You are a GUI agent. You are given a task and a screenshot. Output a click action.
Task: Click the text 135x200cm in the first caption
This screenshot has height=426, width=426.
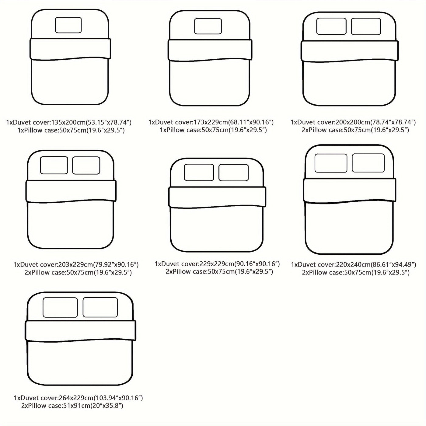click(x=68, y=122)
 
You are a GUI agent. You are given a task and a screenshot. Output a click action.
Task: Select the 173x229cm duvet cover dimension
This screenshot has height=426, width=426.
click(x=211, y=122)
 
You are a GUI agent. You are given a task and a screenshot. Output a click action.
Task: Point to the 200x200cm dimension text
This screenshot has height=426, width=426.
click(x=353, y=122)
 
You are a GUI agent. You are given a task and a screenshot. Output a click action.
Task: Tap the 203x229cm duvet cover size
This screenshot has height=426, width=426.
click(x=75, y=264)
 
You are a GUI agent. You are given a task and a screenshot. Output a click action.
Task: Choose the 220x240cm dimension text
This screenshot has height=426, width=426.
click(x=353, y=264)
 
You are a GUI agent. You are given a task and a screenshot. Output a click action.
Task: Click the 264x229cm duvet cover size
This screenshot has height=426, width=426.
click(x=76, y=398)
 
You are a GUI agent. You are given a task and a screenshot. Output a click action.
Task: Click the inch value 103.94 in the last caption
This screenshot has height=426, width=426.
click(x=105, y=398)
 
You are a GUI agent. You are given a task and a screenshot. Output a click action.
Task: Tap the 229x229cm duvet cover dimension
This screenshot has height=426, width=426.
click(x=217, y=264)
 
